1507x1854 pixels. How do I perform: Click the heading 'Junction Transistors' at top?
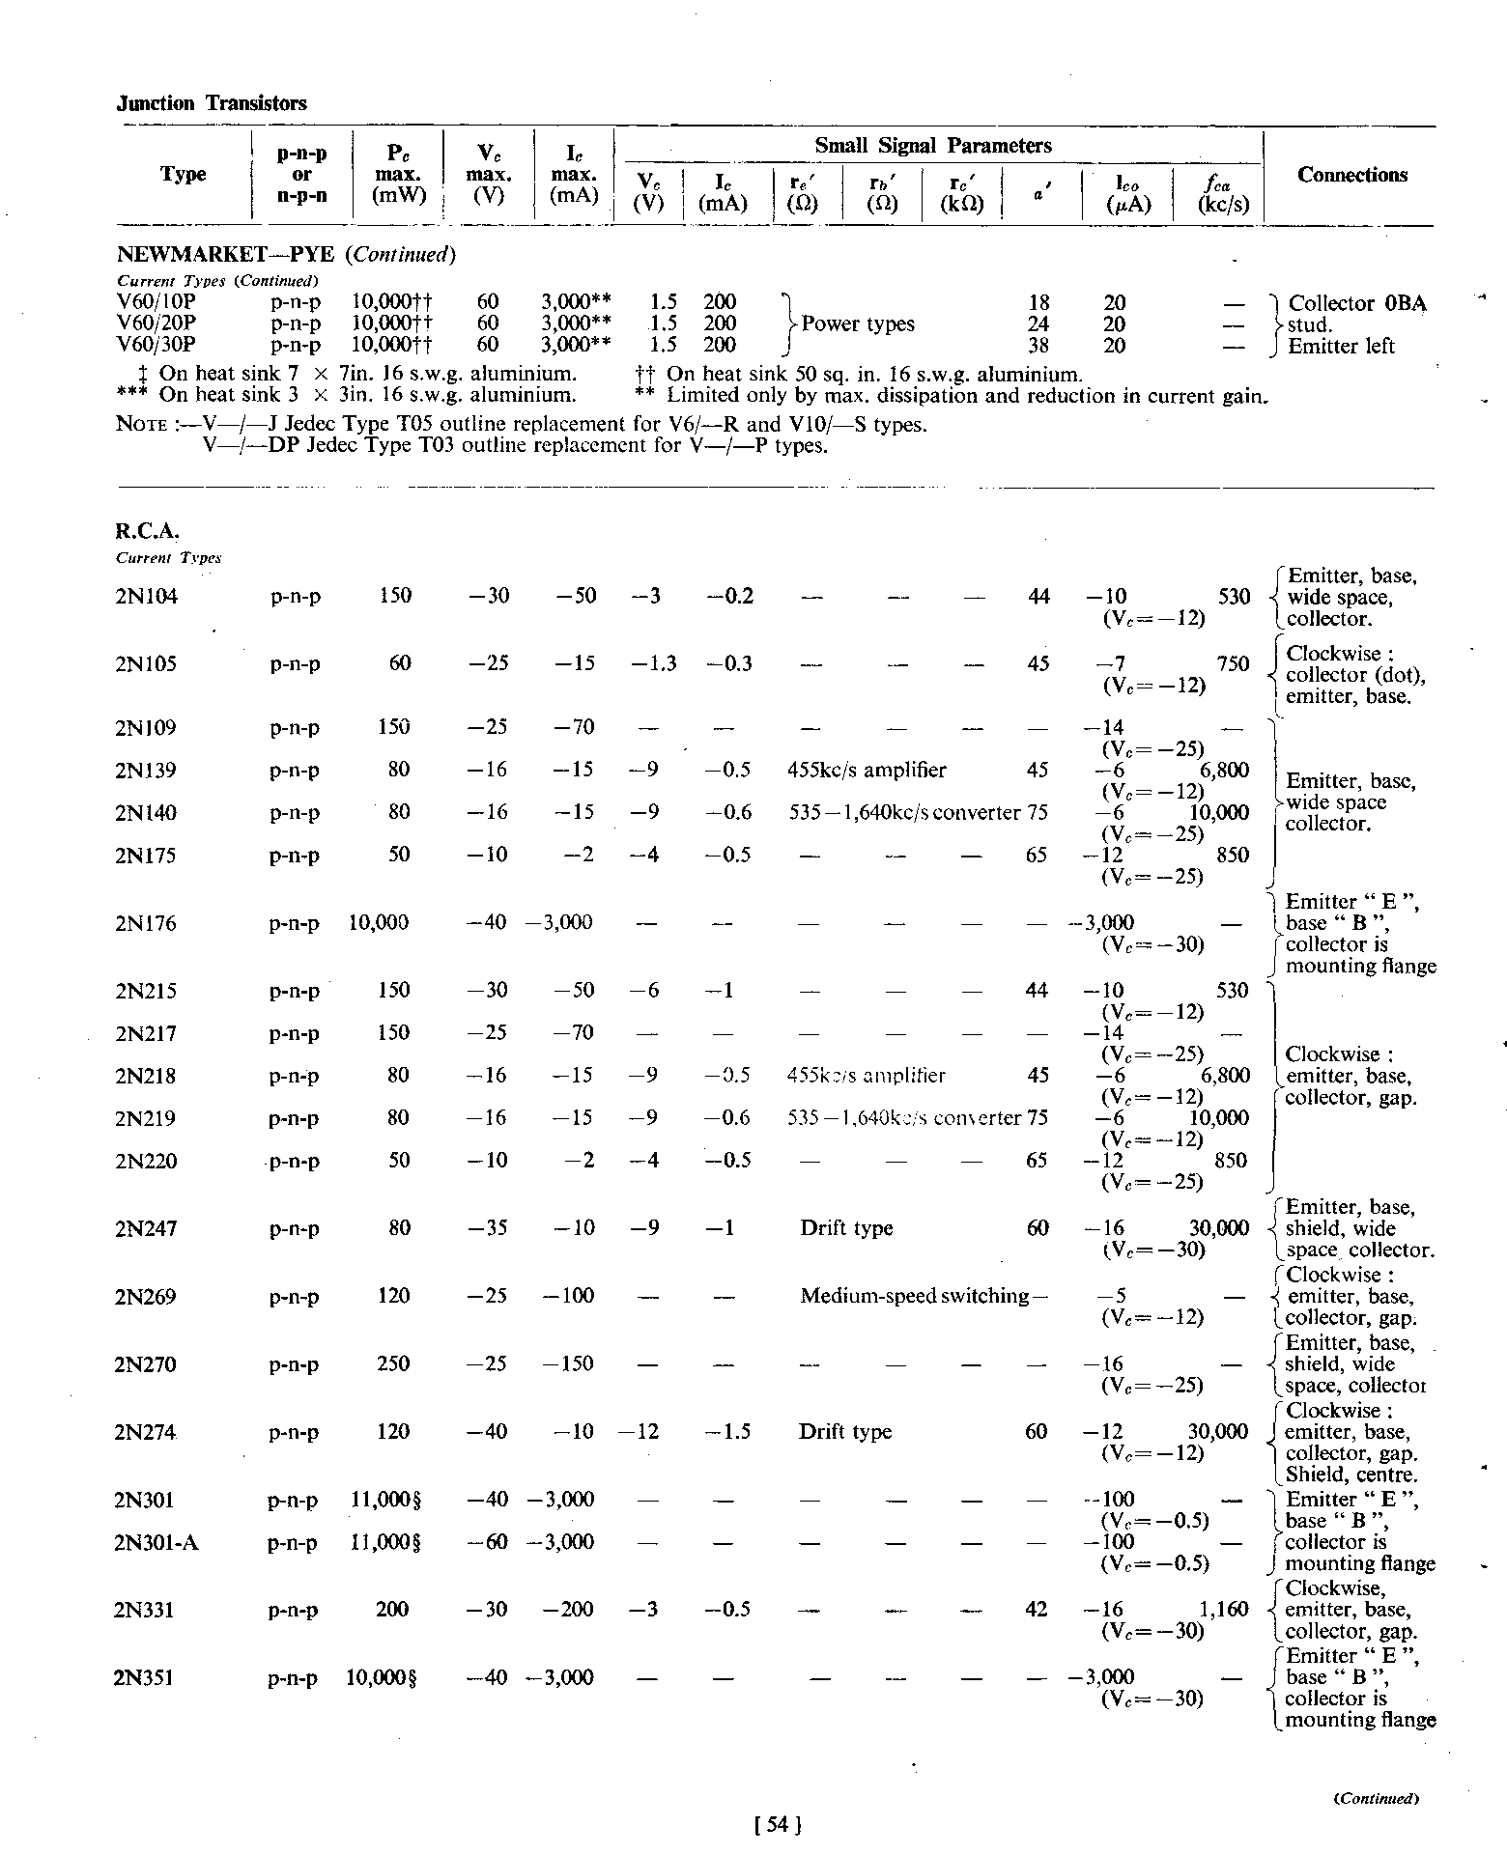[x=212, y=103]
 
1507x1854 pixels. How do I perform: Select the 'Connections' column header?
[x=1351, y=175]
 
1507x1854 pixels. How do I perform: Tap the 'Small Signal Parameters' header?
[x=932, y=146]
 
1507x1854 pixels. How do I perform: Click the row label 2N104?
[x=146, y=597]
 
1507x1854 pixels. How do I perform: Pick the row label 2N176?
[x=146, y=924]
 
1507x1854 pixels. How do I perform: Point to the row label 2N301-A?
[x=156, y=1542]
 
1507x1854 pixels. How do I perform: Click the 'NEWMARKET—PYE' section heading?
[x=225, y=255]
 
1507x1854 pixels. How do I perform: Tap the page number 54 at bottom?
[x=776, y=1824]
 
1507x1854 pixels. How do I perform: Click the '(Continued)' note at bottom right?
[x=1376, y=1798]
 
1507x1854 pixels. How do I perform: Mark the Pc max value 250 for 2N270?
[x=393, y=1364]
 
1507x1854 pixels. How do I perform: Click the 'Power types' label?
[x=858, y=324]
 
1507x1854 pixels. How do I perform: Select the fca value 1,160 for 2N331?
[x=1224, y=1610]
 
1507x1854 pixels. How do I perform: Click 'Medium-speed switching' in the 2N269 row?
[x=914, y=1296]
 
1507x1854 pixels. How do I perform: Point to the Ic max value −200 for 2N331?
[x=567, y=1610]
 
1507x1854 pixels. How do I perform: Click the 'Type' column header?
[x=183, y=175]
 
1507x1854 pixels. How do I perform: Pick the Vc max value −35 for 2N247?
[x=488, y=1228]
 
